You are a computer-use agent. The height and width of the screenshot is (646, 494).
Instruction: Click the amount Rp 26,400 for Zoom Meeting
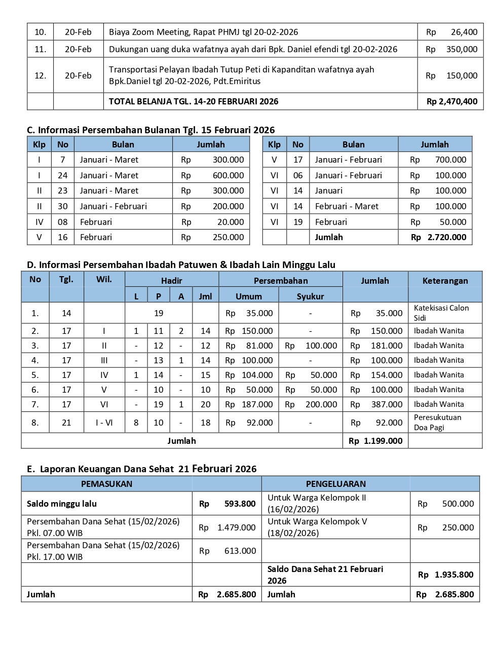[x=451, y=32]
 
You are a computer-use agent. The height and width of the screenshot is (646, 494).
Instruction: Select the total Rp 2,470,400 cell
[x=451, y=101]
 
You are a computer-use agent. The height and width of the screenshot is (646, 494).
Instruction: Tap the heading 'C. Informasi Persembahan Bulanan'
[x=150, y=130]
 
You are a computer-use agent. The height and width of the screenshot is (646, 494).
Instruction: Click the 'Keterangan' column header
[x=445, y=281]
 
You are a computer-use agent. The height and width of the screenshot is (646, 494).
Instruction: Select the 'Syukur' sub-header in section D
[x=310, y=296]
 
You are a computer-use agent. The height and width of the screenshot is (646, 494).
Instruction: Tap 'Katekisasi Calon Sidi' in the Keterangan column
[x=441, y=313]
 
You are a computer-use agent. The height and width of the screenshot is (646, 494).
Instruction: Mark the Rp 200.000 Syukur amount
[x=311, y=404]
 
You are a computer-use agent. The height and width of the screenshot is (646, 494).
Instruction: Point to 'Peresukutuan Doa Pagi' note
[x=438, y=423]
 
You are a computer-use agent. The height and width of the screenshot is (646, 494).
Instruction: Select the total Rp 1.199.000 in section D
[x=375, y=441]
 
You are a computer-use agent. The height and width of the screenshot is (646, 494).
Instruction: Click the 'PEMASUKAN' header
[x=106, y=484]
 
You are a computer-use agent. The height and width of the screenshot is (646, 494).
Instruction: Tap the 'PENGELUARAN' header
[x=335, y=484]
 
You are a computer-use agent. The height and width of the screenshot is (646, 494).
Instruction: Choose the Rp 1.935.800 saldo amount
[x=446, y=575]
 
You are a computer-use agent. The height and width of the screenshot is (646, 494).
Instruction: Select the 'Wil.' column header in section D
[x=104, y=279]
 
